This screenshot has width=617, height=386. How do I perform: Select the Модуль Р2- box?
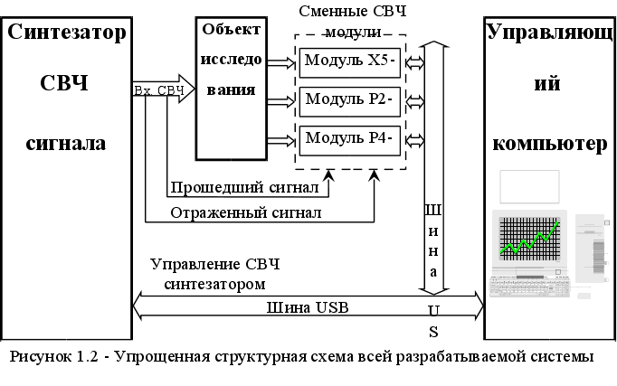coord(349,99)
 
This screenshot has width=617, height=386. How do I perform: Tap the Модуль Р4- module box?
coord(349,138)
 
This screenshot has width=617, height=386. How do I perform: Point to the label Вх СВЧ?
coord(158,90)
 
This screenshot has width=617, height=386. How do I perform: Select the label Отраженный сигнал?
coord(246,213)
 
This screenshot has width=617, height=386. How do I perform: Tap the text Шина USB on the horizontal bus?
coord(308,306)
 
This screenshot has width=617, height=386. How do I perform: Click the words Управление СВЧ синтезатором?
coord(215,274)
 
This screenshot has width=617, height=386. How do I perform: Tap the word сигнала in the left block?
coord(66,142)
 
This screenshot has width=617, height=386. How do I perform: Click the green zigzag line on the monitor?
coord(530,238)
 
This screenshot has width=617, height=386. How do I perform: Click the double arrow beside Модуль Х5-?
coord(416,61)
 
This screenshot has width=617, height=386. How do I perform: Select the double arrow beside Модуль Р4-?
coord(416,139)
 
